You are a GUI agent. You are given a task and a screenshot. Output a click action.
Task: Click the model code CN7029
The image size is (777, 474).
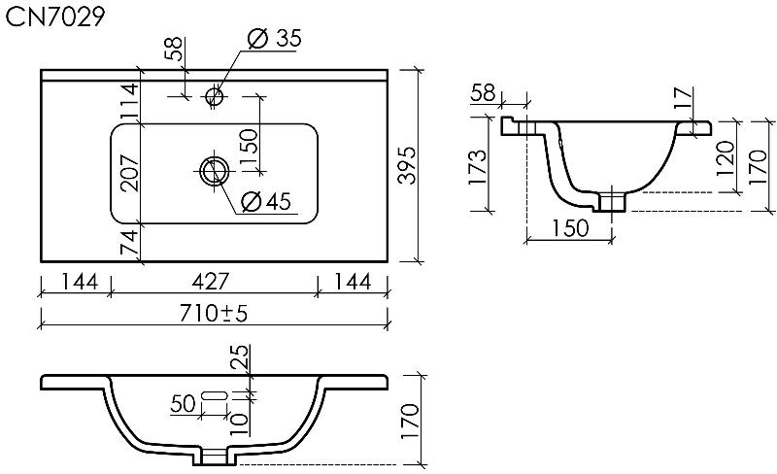55,17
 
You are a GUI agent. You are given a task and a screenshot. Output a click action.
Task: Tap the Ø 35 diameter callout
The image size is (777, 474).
275,38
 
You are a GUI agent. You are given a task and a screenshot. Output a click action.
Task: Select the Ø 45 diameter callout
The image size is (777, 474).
266,201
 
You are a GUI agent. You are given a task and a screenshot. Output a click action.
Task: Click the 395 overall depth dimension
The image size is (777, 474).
408,165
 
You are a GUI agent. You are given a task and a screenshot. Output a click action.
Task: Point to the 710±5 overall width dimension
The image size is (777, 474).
214,313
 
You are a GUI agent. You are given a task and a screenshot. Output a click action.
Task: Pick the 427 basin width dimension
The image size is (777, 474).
211,282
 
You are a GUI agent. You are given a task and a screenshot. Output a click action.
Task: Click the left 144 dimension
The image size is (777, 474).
80,282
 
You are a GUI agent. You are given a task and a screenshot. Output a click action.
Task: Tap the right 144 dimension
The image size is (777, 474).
352,282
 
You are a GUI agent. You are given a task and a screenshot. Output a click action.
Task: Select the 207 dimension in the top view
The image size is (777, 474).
130,173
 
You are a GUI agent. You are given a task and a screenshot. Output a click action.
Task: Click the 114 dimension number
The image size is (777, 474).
130,101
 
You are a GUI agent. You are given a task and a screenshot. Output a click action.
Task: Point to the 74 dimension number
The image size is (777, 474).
130,243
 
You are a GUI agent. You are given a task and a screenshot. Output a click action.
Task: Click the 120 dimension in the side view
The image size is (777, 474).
726,158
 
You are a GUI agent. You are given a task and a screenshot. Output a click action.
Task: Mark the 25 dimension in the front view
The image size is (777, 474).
239,356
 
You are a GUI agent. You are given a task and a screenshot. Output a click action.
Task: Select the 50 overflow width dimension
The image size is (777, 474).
183,404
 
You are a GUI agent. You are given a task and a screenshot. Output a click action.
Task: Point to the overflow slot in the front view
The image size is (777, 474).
215,395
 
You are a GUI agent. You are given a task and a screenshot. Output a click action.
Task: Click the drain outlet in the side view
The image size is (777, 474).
613,203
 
